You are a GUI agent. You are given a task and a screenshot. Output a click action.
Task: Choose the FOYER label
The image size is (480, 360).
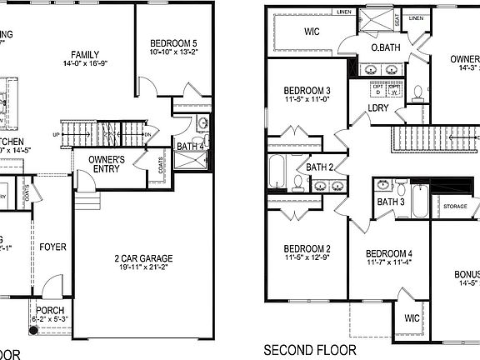pyautogui.click(x=52, y=247)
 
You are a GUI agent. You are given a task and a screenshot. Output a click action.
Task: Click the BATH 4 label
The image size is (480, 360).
pyautogui.click(x=191, y=147)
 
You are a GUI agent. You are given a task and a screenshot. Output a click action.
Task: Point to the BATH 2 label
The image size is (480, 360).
pyautogui.click(x=319, y=167)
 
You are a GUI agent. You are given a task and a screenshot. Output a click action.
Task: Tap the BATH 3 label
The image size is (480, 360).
pyautogui.click(x=390, y=202)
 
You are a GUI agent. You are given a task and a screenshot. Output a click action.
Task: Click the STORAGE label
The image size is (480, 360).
pyautogui.click(x=455, y=206)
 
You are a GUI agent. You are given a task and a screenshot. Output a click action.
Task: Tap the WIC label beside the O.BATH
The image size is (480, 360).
pyautogui.click(x=312, y=32)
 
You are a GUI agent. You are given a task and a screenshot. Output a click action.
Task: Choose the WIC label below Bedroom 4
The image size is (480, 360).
pyautogui.click(x=412, y=317)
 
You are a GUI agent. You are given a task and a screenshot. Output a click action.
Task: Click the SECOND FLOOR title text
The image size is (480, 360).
pyautogui.click(x=309, y=350)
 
